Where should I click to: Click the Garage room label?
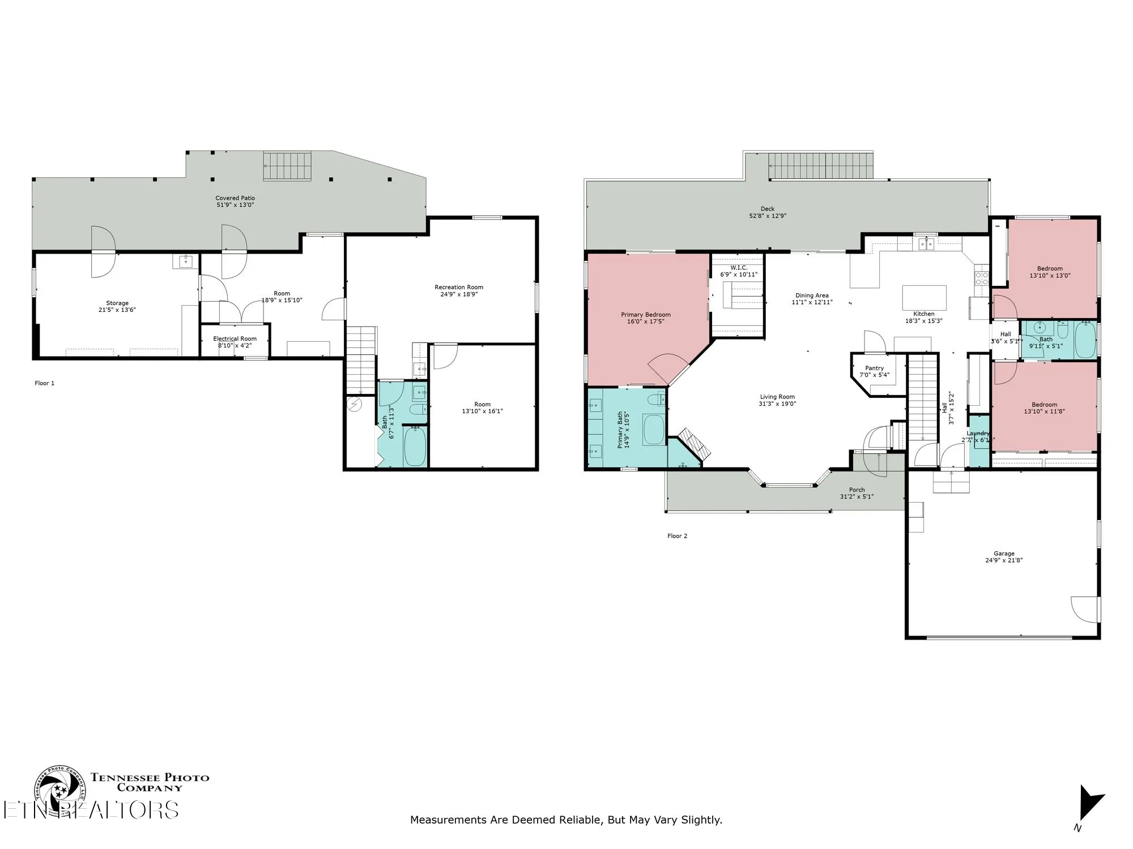1004,554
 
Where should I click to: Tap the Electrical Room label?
235,338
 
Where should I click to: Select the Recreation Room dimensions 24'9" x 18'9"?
459,294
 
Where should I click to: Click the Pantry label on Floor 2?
874,368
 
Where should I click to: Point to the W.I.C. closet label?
738,268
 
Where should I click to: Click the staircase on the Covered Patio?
287,166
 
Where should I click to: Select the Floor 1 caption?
45,383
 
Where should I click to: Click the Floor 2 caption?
677,536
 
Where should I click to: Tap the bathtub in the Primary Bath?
654,430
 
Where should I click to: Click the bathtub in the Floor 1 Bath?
415,447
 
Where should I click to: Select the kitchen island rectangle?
924,296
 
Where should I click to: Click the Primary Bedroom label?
645,315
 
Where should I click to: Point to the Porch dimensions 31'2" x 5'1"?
857,497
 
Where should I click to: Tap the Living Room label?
777,397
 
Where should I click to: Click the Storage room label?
117,303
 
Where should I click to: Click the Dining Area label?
812,295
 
